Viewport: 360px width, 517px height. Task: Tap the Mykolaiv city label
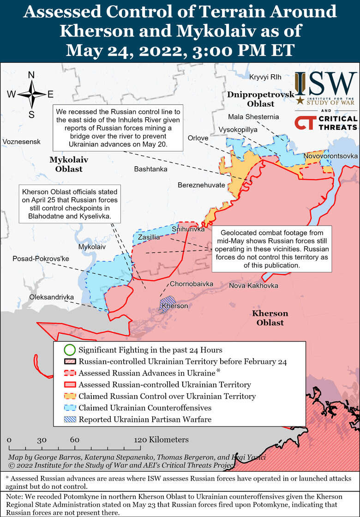point(92,247)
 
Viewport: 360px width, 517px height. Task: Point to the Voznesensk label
point(21,141)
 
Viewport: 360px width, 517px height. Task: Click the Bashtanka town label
point(150,169)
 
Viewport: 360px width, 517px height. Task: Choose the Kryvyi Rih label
point(265,77)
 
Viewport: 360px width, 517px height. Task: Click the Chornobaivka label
point(192,284)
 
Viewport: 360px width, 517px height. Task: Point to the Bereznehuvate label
point(202,185)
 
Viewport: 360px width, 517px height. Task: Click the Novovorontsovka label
point(330,156)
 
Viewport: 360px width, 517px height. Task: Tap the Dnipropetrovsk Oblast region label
point(254,99)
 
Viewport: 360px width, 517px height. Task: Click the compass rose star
point(31,95)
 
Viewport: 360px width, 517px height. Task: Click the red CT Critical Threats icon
point(305,123)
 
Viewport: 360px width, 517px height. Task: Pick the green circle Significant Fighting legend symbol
point(69,350)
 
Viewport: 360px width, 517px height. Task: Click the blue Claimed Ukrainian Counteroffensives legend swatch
point(69,408)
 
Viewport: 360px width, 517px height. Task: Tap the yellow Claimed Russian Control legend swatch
point(69,397)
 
